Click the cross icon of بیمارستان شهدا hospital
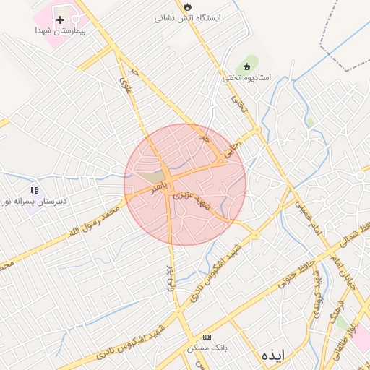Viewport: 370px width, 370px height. [59, 19]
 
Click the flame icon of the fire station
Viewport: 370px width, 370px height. [189, 4]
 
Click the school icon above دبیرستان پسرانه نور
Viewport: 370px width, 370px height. [34, 190]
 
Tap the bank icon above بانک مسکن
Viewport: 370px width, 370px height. [208, 337]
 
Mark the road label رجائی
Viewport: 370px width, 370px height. [252, 136]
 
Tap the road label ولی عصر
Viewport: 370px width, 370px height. [171, 277]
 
